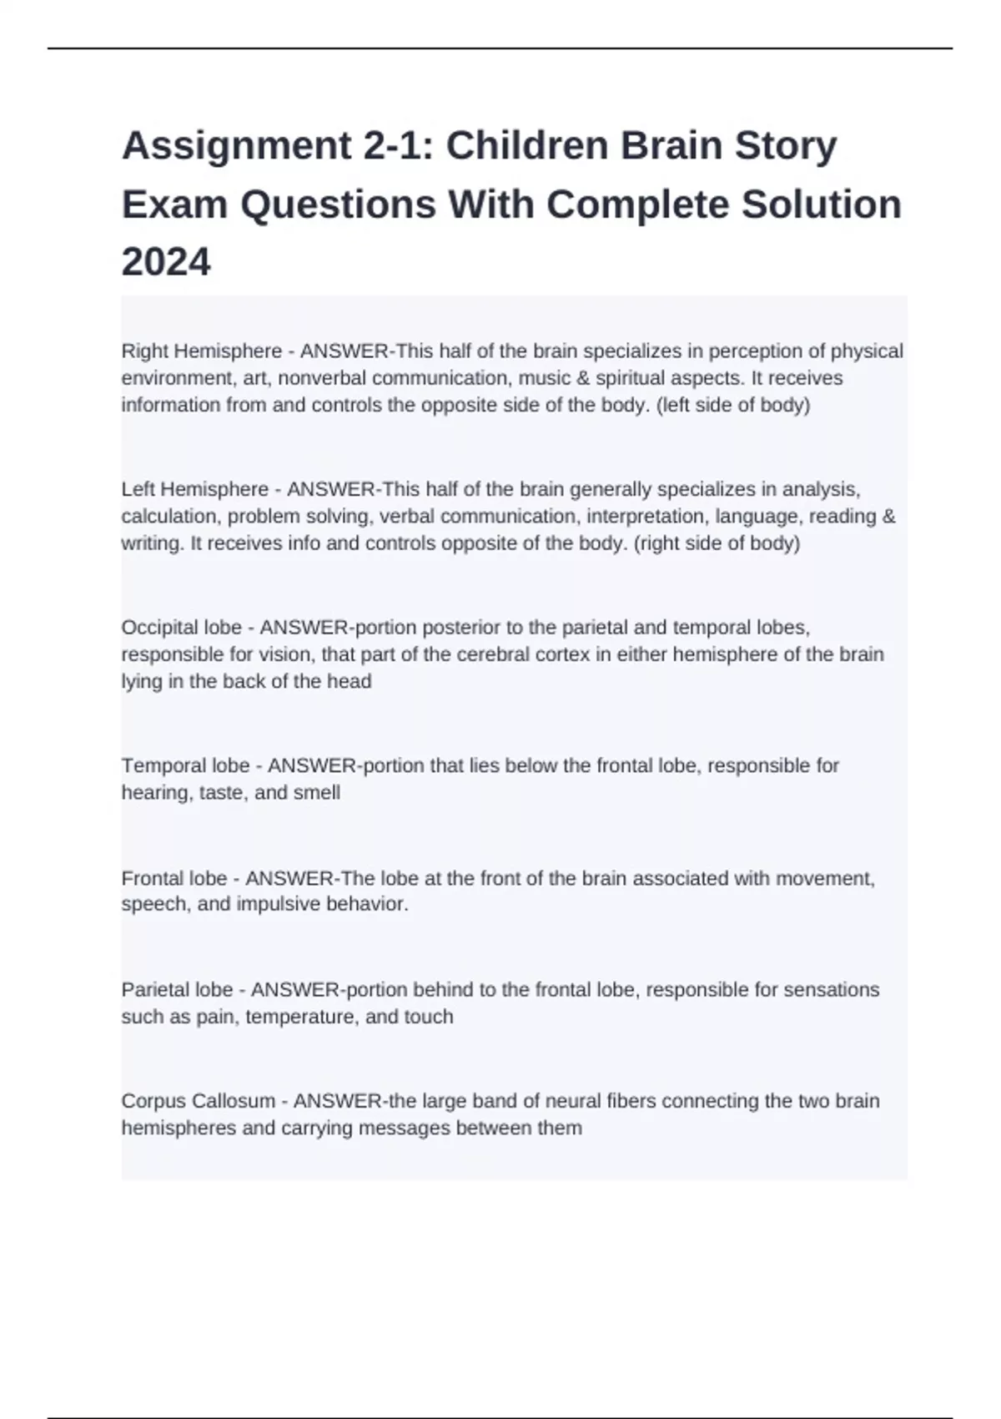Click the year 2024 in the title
point(166,262)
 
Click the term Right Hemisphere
point(202,351)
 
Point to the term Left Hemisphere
point(195,489)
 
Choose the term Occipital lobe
point(182,627)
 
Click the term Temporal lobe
point(185,765)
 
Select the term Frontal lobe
point(174,878)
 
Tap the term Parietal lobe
point(177,990)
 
